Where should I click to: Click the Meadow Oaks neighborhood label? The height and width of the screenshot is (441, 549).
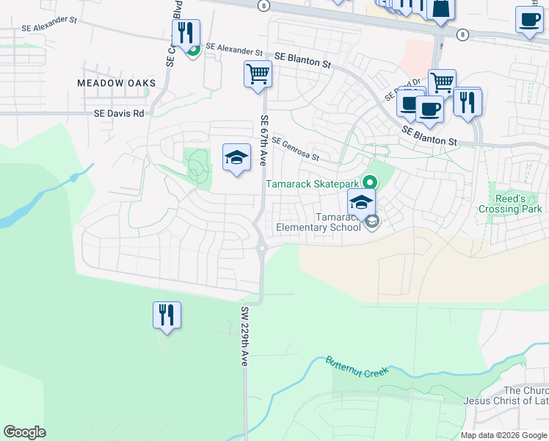tap(117, 83)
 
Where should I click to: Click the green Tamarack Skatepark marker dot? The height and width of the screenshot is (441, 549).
tap(371, 182)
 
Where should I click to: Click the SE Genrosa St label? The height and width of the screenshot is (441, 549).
tap(295, 148)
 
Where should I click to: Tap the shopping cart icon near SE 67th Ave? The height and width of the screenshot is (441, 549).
tap(258, 73)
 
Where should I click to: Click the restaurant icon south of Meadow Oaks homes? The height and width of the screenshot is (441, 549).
tap(167, 315)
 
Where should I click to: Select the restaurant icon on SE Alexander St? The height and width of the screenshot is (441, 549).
tap(186, 32)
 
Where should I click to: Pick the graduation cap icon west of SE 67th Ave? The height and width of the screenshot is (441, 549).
tap(236, 157)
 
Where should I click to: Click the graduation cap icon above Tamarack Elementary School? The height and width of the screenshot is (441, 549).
tap(361, 201)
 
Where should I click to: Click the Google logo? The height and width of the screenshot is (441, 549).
tap(24, 432)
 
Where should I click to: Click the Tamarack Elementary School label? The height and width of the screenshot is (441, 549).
tap(319, 222)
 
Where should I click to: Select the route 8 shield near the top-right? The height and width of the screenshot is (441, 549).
tap(462, 35)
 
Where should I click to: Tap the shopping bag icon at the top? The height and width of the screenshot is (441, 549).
tap(442, 8)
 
